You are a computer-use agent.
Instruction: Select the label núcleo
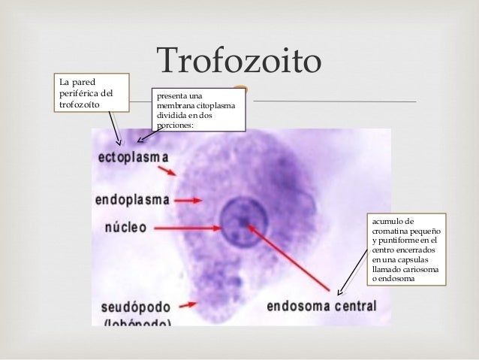tap(120, 226)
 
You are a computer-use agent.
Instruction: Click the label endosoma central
tap(321, 307)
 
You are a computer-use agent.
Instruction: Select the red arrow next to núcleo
tap(185, 225)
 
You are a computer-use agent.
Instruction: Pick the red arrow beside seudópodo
tap(188, 305)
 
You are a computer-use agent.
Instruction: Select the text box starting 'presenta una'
tap(197, 110)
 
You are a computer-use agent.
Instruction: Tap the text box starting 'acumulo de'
tap(405, 250)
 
